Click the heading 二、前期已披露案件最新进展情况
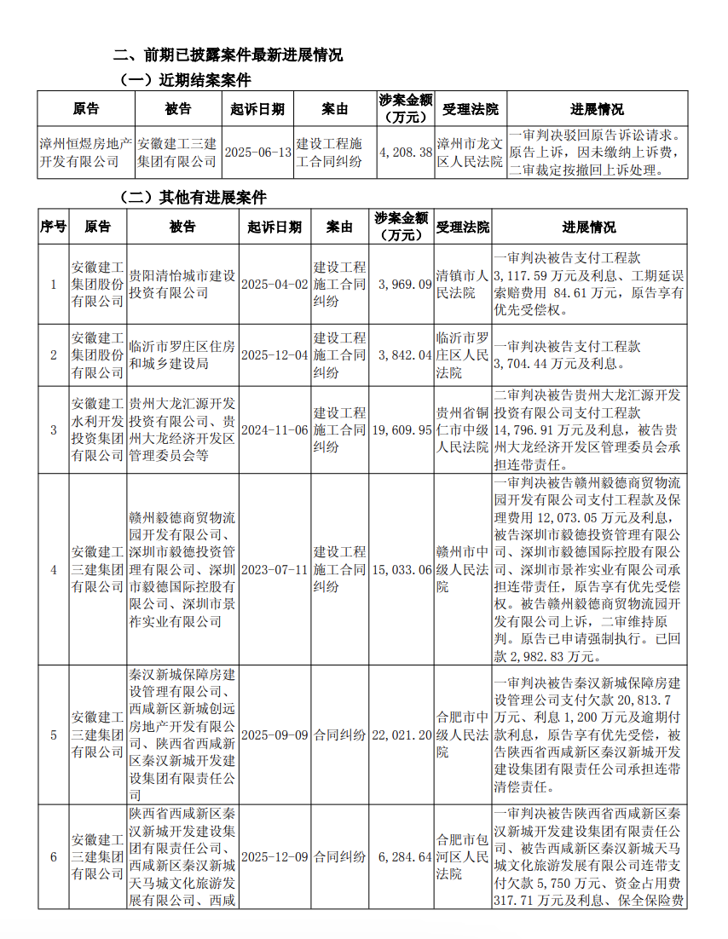coord(228,55)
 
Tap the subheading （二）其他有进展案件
coord(194,198)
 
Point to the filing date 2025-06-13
coord(258,152)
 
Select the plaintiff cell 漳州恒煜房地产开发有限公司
coord(86,152)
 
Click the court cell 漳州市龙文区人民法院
coord(470,152)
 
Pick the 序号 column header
coord(53,227)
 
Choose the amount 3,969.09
coord(402,285)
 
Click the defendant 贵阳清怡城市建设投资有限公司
coord(182,285)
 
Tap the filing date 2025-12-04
coord(274,355)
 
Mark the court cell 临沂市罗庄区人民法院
coord(461,355)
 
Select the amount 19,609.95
coord(402,430)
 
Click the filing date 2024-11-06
coord(274,430)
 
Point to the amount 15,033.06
coord(402,569)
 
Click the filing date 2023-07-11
coord(274,569)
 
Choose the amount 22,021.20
coord(402,734)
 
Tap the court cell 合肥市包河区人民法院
coord(461,856)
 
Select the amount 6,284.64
coord(402,856)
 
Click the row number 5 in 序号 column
coord(53,734)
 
